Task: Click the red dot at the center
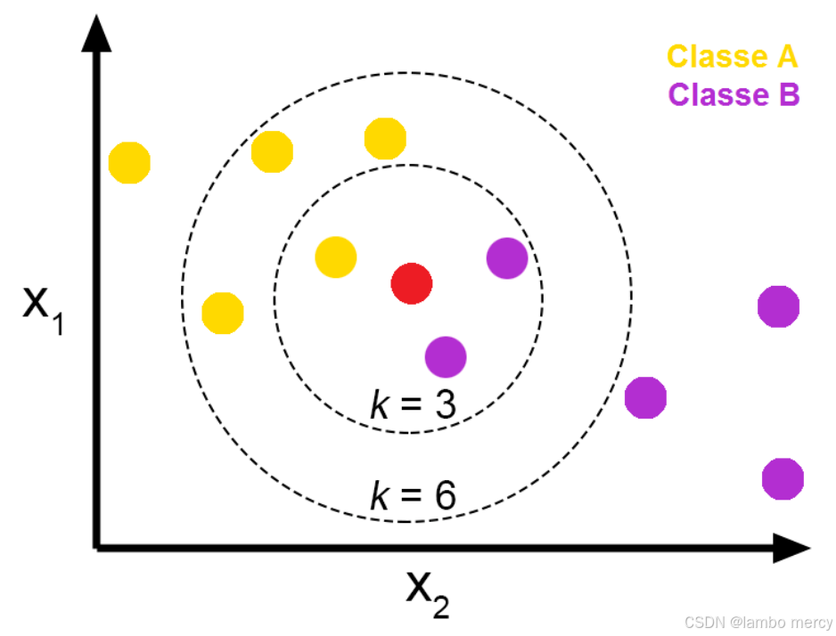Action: pos(412,284)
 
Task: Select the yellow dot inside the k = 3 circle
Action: pos(336,257)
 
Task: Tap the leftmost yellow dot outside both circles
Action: pos(129,162)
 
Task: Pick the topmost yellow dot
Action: pos(385,139)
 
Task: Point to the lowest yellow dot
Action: pos(223,313)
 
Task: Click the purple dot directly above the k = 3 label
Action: pos(446,356)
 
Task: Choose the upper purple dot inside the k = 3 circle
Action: pos(507,258)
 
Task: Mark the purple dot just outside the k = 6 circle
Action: pos(645,397)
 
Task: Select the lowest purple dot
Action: pos(783,478)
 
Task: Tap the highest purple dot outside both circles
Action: pos(778,306)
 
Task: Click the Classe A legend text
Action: pos(733,56)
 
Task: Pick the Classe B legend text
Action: pos(734,94)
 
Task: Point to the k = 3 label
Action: pos(413,405)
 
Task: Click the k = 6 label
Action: pos(413,496)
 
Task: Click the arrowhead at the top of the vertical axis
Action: pos(95,34)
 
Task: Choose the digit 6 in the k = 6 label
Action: pos(444,496)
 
